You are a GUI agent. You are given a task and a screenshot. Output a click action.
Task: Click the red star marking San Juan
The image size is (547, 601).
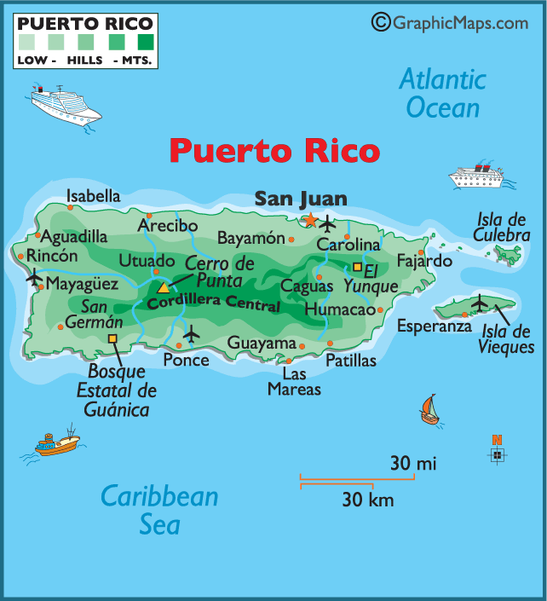[x=311, y=221]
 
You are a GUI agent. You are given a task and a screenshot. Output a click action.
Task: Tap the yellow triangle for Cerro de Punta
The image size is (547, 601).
[x=164, y=287]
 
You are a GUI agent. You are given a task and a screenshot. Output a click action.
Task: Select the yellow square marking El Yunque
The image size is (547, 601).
[x=357, y=267]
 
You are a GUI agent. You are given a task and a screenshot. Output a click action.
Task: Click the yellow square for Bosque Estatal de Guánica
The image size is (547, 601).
[x=112, y=338]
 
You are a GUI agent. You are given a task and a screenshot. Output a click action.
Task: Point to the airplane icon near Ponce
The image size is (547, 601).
[x=192, y=333]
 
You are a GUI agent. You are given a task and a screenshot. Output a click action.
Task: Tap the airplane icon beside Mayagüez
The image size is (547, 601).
[x=35, y=277]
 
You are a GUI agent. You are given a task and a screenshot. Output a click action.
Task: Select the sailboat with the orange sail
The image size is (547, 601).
[x=429, y=410]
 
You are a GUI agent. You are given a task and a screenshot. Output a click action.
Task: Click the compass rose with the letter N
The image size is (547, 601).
[x=497, y=453]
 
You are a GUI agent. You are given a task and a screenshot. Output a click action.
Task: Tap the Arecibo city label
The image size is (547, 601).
[x=167, y=226]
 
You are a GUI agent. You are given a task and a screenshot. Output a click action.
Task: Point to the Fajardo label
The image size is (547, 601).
[x=423, y=261]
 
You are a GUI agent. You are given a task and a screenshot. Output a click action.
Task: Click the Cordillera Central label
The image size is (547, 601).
[x=213, y=301]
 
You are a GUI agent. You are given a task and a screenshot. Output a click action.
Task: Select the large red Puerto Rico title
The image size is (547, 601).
[x=273, y=151]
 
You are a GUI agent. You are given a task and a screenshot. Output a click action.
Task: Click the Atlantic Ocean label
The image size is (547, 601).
[x=443, y=94]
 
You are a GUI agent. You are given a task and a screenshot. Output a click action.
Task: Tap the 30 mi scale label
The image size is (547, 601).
[x=413, y=464]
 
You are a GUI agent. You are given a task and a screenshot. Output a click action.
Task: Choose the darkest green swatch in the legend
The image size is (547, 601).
[x=145, y=40]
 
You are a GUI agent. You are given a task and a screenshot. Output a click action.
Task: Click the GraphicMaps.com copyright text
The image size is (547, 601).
[x=451, y=22]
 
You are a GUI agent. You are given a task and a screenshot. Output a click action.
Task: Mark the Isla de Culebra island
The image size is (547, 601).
[x=510, y=253]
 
